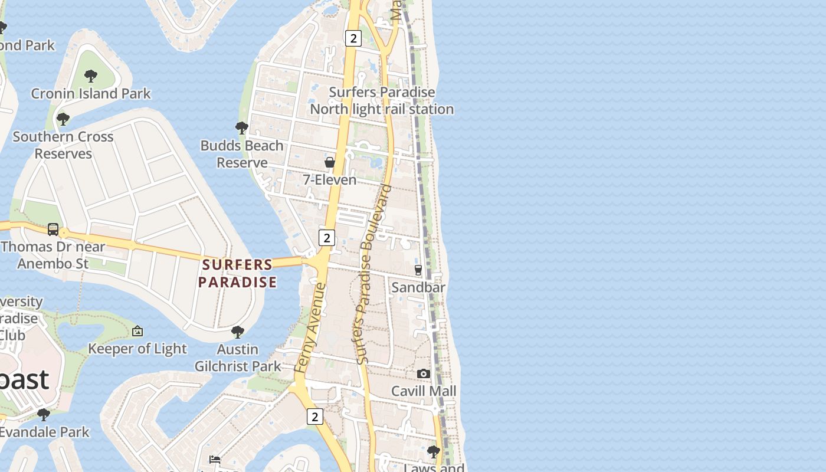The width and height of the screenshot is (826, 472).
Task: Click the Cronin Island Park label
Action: [x=91, y=93]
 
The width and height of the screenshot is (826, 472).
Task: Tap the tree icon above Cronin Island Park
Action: [x=91, y=76]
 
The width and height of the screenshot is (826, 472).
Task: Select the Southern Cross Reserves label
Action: [x=63, y=145]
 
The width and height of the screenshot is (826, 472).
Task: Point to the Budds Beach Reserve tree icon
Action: [x=241, y=127]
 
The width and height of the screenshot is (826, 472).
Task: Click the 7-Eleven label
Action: [x=330, y=180]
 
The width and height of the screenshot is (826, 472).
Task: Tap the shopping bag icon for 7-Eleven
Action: [x=330, y=162]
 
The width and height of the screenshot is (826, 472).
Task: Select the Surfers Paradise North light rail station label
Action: [x=382, y=100]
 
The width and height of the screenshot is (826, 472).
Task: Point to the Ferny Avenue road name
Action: [x=310, y=327]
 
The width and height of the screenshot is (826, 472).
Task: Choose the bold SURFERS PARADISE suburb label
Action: [x=237, y=273]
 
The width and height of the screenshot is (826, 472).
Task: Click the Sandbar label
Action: [x=418, y=287]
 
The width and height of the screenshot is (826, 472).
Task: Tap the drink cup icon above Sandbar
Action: [x=418, y=270]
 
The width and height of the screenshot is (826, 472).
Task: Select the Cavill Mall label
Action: [x=424, y=391]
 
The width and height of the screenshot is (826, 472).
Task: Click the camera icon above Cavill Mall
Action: [x=423, y=374]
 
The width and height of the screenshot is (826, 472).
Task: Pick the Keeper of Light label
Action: [x=137, y=349]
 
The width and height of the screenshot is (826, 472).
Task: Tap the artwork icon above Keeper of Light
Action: [x=137, y=331]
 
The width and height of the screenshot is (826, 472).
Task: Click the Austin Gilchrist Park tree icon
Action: [x=238, y=332]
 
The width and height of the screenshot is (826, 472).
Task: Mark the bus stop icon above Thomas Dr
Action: [x=53, y=229]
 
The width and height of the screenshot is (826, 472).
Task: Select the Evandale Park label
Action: [x=44, y=432]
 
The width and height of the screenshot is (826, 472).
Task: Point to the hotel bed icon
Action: [x=215, y=459]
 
